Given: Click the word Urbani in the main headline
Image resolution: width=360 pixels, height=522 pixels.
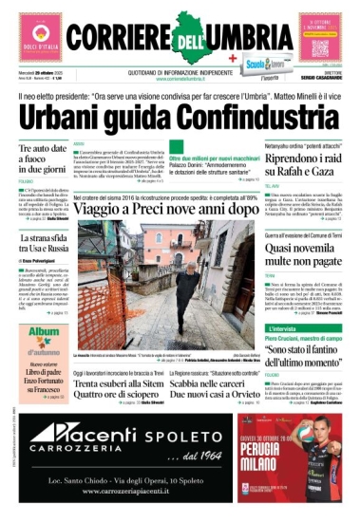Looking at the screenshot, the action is click(x=66, y=119).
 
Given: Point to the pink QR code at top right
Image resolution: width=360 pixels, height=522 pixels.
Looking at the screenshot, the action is click(x=321, y=36).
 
